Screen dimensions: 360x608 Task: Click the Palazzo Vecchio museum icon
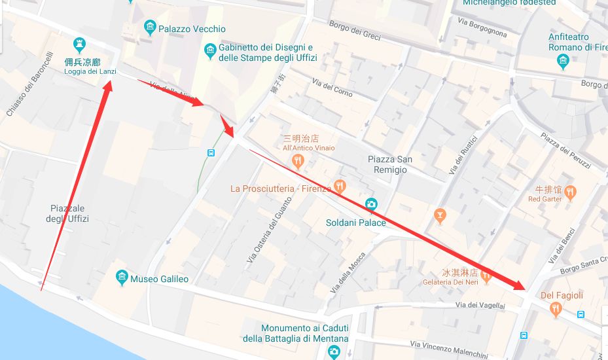click(x=150, y=27)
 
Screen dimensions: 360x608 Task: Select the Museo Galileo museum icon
click(x=122, y=278)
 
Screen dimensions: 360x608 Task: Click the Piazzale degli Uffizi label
click(x=67, y=213)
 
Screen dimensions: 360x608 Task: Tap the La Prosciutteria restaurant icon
click(x=339, y=187)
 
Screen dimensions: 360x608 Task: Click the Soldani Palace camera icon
click(x=371, y=204)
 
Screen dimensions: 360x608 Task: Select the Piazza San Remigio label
click(x=389, y=164)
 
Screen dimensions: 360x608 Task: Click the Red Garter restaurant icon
click(x=570, y=192)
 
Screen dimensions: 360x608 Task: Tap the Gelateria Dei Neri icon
click(x=486, y=274)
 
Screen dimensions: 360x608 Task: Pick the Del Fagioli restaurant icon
click(x=556, y=308)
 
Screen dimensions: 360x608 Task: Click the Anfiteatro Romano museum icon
click(x=563, y=62)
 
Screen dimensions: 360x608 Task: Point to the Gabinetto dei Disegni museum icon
click(x=210, y=50)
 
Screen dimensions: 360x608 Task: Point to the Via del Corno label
click(x=332, y=88)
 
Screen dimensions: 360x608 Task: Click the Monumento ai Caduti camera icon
click(x=334, y=352)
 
